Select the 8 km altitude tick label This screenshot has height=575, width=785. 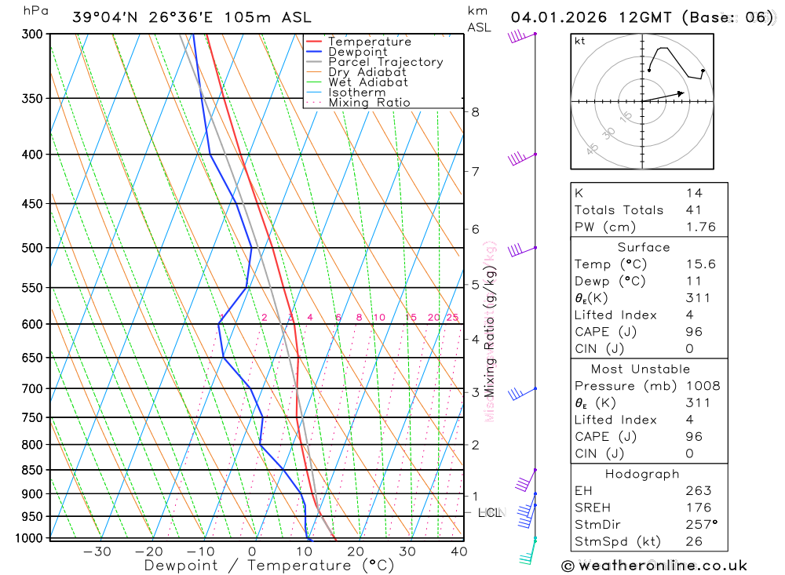tap(475, 111)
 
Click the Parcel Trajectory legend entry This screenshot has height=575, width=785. tap(385, 62)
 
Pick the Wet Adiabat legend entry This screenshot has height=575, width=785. tap(367, 82)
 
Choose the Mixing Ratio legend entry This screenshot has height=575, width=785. tap(369, 103)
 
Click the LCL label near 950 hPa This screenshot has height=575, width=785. tap(490, 513)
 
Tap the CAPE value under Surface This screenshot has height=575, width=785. tap(694, 332)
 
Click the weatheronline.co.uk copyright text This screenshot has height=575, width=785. tap(654, 565)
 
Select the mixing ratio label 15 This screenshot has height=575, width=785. tap(411, 318)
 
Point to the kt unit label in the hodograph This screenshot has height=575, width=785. tap(580, 41)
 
